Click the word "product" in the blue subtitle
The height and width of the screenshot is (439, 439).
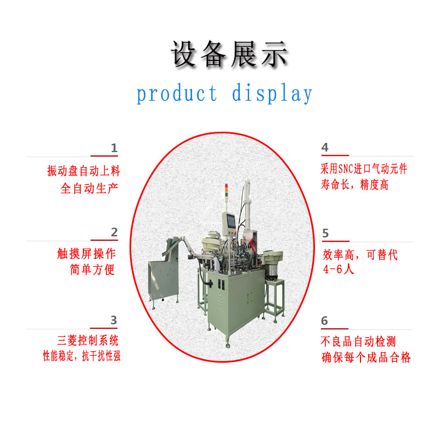177,93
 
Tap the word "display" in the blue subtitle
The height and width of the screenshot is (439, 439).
272,93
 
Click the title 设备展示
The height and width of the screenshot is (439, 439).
229,54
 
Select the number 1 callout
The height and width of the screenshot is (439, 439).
114,148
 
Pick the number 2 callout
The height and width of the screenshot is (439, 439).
114,232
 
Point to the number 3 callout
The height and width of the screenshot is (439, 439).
114,320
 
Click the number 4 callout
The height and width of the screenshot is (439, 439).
325,147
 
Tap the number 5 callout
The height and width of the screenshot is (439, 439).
325,233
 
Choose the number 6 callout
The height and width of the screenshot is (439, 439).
324,320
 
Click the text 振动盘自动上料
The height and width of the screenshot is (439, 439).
84,171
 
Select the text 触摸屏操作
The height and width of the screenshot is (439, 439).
87,254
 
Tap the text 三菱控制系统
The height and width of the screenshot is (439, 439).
88,340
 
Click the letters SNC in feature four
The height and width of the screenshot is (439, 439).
346,169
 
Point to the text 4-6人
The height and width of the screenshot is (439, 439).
339,269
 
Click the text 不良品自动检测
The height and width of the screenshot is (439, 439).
358,341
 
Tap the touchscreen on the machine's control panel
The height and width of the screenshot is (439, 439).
232,221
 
